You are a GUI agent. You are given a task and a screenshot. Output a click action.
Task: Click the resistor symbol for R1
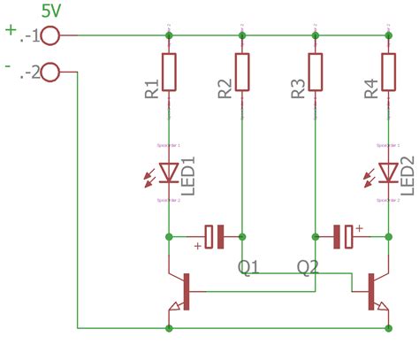[169, 71]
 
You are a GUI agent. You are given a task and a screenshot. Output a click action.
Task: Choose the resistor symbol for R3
[315, 71]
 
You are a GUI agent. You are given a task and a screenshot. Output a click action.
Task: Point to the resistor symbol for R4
[387, 71]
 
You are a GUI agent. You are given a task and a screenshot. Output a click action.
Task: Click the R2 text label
[224, 89]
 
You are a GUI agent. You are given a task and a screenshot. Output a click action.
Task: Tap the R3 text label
[297, 89]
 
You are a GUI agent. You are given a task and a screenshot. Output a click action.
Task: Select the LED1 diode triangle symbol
[169, 172]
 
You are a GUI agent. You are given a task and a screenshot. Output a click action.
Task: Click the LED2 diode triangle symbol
[387, 172]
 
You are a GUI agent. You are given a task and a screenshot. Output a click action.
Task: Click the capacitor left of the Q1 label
[213, 236]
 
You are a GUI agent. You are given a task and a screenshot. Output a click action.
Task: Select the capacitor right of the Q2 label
[343, 236]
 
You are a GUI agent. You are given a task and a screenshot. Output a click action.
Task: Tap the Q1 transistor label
[248, 265]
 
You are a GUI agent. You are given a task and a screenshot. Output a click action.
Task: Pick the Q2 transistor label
[308, 265]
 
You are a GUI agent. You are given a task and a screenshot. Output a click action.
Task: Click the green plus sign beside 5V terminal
[11, 29]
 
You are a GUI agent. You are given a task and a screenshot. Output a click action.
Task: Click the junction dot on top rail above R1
[169, 35]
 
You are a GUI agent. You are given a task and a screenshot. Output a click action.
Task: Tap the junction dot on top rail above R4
[387, 35]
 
